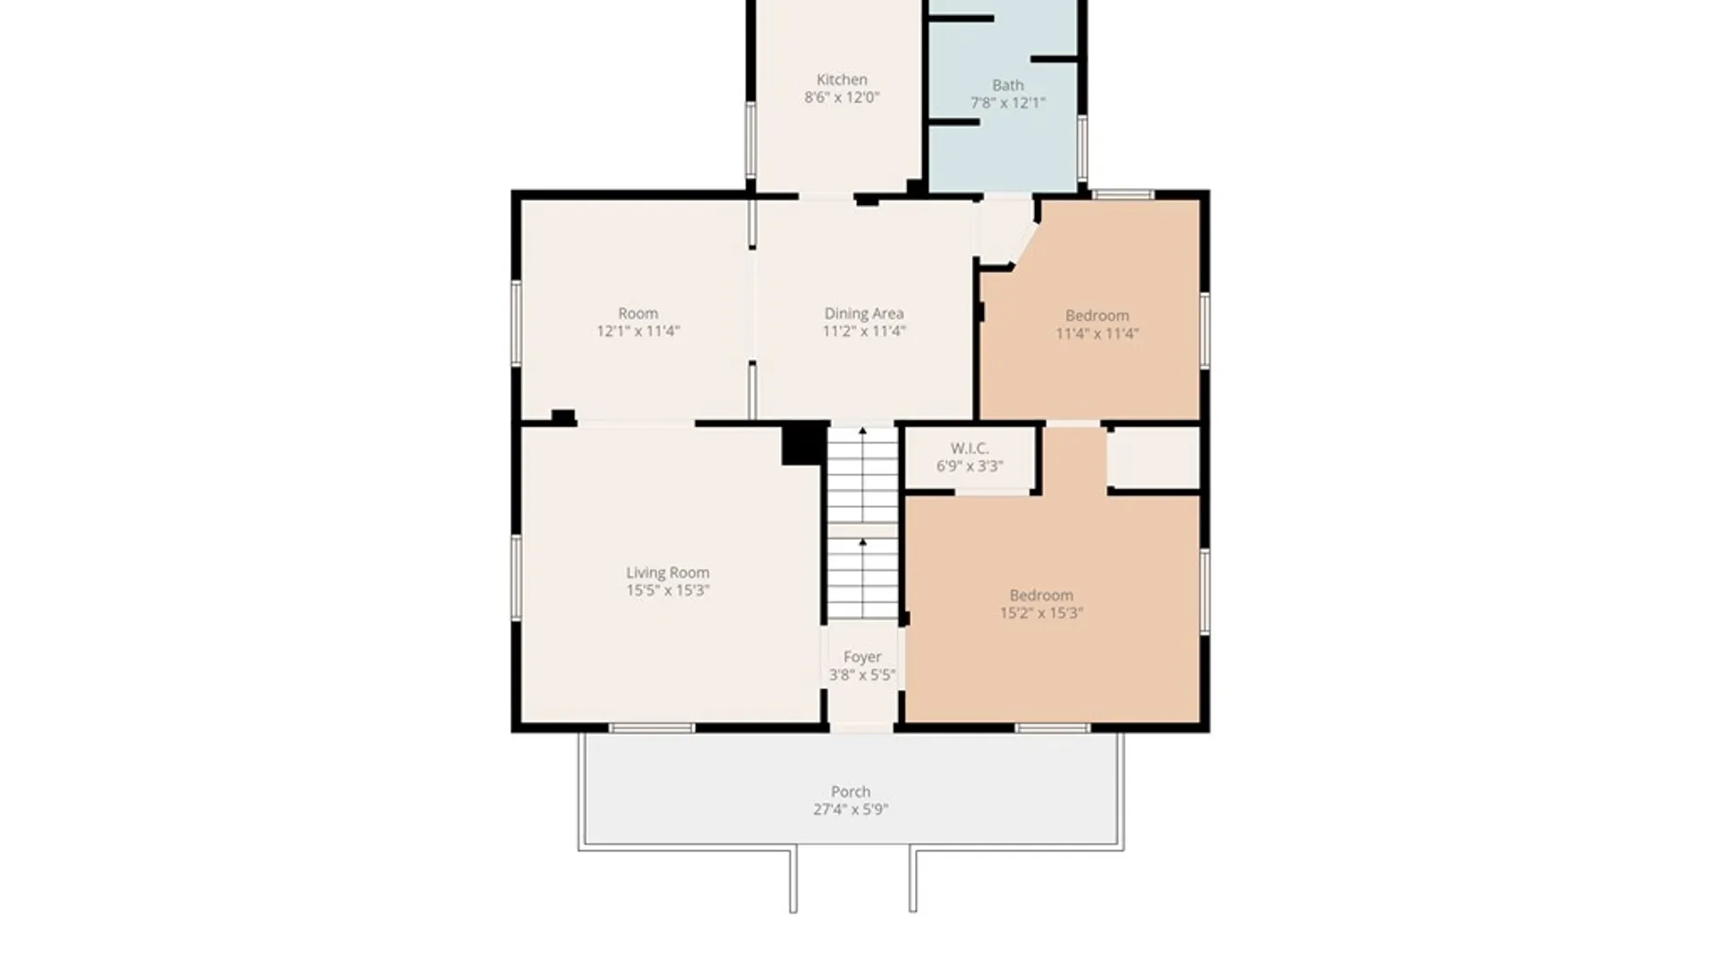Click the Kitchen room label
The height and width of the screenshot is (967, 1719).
(x=842, y=80)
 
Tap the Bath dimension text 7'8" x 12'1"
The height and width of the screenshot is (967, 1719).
(x=1008, y=103)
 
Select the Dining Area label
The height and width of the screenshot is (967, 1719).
(x=864, y=313)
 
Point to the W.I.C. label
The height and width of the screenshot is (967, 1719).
(x=970, y=449)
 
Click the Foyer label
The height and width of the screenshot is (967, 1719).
(x=862, y=657)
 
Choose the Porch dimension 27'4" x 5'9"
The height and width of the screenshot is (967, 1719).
(x=851, y=809)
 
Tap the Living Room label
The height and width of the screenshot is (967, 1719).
(x=668, y=573)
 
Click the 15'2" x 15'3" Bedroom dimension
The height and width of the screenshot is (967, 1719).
(x=1041, y=613)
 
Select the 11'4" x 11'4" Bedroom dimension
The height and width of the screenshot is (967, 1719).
(x=1097, y=334)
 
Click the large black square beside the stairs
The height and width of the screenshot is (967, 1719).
(x=803, y=444)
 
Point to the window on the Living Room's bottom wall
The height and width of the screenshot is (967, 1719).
(x=652, y=728)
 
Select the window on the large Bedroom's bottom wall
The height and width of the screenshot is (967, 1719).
(x=1053, y=728)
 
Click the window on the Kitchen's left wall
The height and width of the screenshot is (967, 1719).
(x=750, y=140)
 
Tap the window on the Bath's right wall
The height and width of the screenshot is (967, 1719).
(x=1082, y=148)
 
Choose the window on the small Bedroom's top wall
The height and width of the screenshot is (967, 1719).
(x=1123, y=194)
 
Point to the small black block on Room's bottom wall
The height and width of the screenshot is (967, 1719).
(x=563, y=416)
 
